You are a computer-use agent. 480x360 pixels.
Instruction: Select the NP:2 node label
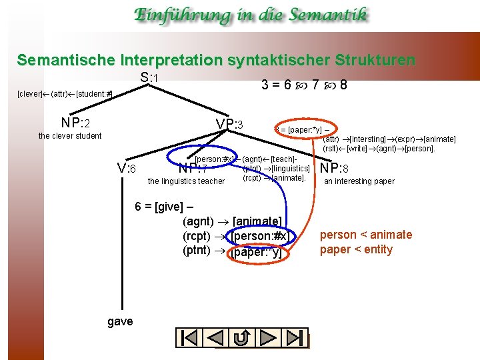(75, 123)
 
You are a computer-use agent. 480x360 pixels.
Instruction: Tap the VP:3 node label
(230, 125)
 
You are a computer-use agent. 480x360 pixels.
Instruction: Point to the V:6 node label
(127, 169)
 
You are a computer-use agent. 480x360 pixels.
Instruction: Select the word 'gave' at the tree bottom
(120, 322)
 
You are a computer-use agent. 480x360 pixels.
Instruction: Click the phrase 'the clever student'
(70, 136)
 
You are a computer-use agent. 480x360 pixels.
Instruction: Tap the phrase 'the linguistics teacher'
(186, 181)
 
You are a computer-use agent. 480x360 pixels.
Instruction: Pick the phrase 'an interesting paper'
(359, 181)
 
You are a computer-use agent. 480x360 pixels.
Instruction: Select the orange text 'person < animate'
(366, 235)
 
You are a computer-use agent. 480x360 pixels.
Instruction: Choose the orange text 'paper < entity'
(356, 250)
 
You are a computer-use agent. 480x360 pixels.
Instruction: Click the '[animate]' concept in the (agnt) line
(257, 221)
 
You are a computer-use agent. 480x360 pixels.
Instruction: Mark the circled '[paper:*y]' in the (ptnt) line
(257, 252)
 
